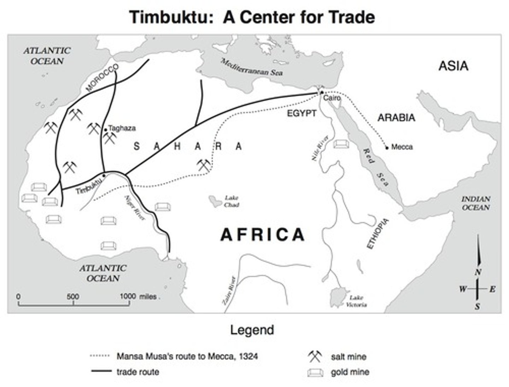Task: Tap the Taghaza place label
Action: tap(122, 128)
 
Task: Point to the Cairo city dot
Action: tap(322, 93)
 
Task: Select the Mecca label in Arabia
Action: tap(402, 147)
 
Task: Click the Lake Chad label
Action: tap(232, 201)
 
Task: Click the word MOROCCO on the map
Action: tap(102, 78)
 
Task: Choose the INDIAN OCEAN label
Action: tap(475, 203)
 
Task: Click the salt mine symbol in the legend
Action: tap(315, 356)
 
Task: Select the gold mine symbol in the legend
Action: tap(315, 372)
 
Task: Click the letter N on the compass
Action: tap(478, 272)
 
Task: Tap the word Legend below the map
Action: tap(252, 330)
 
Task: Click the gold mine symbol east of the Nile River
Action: tap(341, 144)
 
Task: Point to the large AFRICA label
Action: tap(262, 235)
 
